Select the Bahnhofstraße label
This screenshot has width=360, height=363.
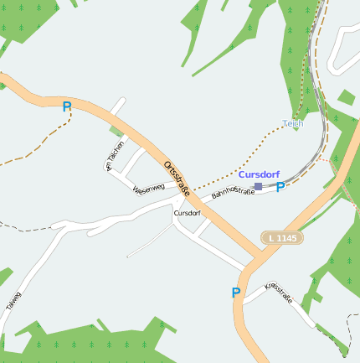[x=233, y=194]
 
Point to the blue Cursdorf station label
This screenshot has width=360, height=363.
[x=259, y=174]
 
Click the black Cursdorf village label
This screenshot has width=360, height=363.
[x=187, y=213]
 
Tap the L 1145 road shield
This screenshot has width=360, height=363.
[x=281, y=238]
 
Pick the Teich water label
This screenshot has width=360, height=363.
[x=292, y=123]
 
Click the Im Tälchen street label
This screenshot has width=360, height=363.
[x=115, y=155]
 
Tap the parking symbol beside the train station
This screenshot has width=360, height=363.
[x=280, y=187]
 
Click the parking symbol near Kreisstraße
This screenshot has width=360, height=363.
[x=236, y=293]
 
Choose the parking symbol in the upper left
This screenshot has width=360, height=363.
[x=67, y=106]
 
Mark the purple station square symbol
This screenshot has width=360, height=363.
[x=259, y=186]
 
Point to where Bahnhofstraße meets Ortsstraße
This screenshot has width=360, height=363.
[x=199, y=205]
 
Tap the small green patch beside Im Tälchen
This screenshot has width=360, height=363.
[x=116, y=131]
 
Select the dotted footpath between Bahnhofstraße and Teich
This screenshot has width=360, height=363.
[x=243, y=159]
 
